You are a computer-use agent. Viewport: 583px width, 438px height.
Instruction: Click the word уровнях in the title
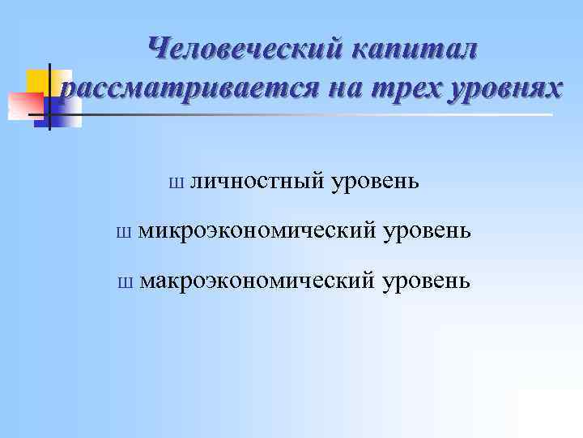point(502,88)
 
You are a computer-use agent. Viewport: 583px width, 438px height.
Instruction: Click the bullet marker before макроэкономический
point(123,282)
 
